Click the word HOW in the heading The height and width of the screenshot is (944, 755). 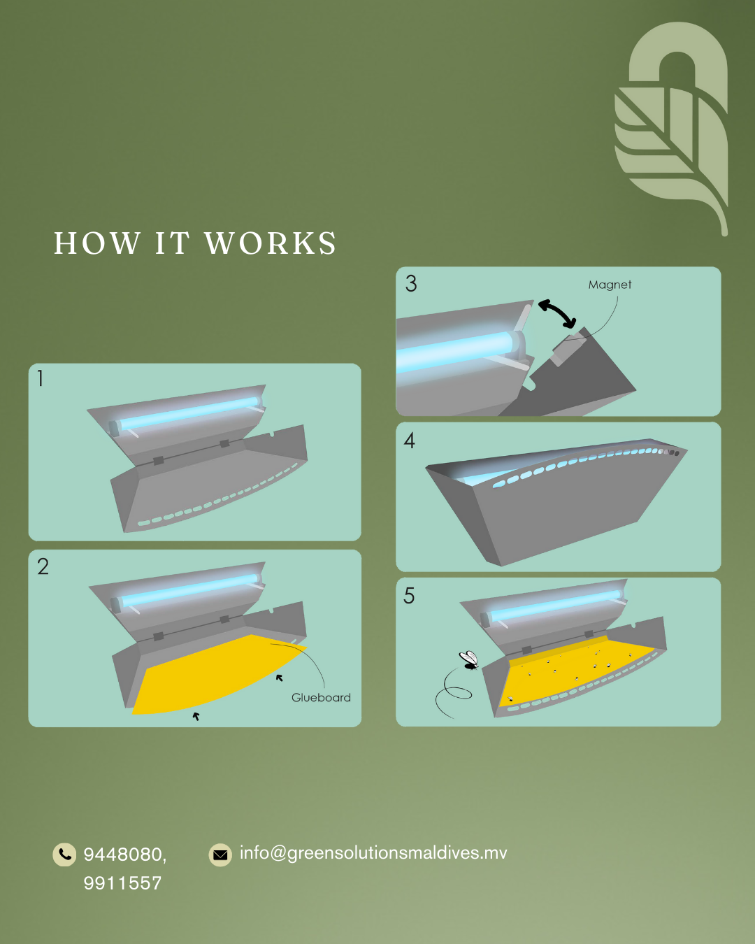tap(97, 243)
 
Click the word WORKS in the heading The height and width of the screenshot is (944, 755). tap(271, 243)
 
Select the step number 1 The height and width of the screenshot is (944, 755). tap(41, 378)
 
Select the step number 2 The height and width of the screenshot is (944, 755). tap(43, 566)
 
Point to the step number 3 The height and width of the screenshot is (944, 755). tap(411, 283)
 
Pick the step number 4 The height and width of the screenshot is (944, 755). tap(410, 441)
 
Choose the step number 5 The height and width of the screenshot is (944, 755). tap(409, 596)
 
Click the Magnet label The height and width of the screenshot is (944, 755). tap(610, 285)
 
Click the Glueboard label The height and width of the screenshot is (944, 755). tap(321, 697)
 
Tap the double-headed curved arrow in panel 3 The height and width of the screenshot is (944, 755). tap(558, 313)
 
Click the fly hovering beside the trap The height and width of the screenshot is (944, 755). tap(469, 659)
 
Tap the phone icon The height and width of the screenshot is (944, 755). tap(64, 854)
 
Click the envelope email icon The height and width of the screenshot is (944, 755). tap(220, 854)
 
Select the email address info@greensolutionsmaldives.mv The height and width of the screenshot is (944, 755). tap(373, 853)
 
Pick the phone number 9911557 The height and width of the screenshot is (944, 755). tap(122, 883)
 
